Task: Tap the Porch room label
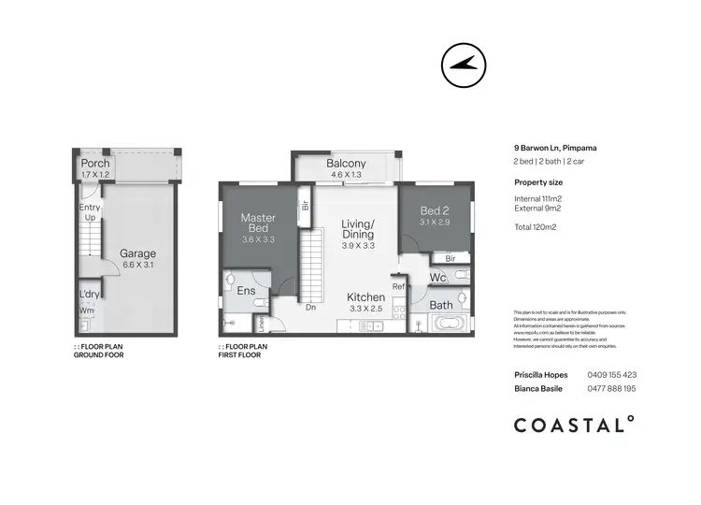95,164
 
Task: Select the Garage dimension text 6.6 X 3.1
136,266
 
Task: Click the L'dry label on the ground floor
89,295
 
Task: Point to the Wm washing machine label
86,310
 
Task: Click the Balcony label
346,165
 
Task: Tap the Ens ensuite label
246,291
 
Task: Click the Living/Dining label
358,230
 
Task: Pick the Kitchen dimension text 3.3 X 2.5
365,308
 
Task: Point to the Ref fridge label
398,286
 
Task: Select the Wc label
437,278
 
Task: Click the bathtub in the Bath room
450,325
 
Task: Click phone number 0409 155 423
611,374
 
